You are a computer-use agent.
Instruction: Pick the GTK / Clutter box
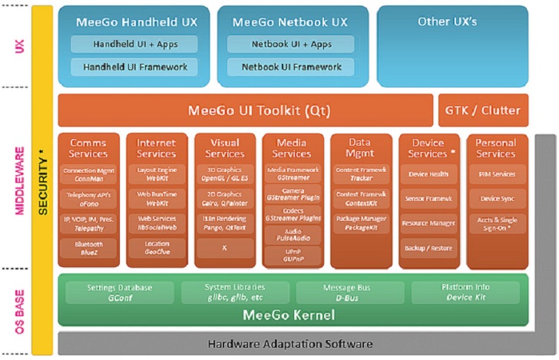[482, 111]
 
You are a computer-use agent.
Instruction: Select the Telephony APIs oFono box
[88, 200]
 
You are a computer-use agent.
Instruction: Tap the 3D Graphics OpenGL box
[224, 174]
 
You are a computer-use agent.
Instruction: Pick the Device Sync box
[497, 199]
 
